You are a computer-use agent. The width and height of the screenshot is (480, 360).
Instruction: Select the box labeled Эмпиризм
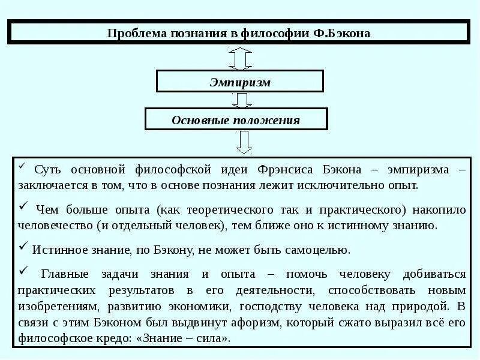[240, 82]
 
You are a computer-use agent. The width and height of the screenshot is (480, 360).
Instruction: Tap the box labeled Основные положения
[236, 119]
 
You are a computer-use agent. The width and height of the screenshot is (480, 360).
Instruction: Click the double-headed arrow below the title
[240, 58]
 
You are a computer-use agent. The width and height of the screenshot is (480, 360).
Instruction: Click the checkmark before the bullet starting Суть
[22, 166]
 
